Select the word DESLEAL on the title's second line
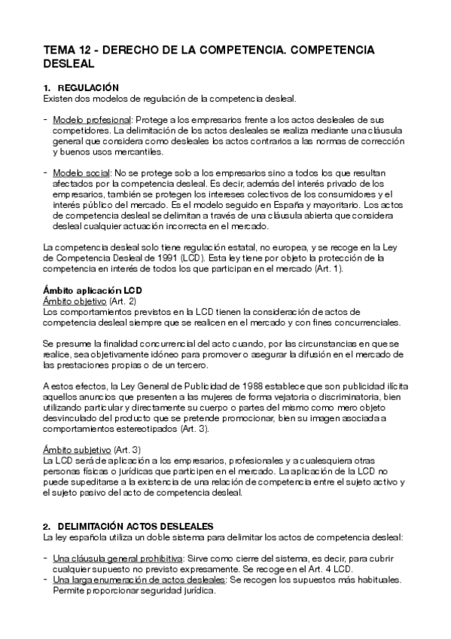(68, 63)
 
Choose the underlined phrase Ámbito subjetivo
(75, 449)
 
